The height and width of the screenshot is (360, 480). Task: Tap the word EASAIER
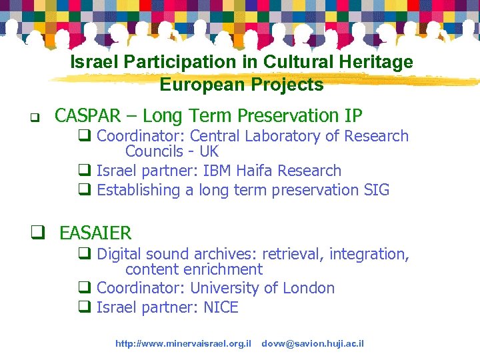click(95, 233)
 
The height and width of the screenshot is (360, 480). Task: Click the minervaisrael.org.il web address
click(183, 343)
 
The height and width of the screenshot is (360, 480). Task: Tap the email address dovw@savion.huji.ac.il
click(313, 343)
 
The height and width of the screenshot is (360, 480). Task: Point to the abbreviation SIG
click(376, 190)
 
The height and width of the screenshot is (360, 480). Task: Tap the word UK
click(209, 152)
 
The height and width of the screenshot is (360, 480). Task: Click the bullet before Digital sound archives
click(85, 255)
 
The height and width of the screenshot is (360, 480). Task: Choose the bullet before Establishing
click(85, 191)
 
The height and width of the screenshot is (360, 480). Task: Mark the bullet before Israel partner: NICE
click(85, 308)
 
